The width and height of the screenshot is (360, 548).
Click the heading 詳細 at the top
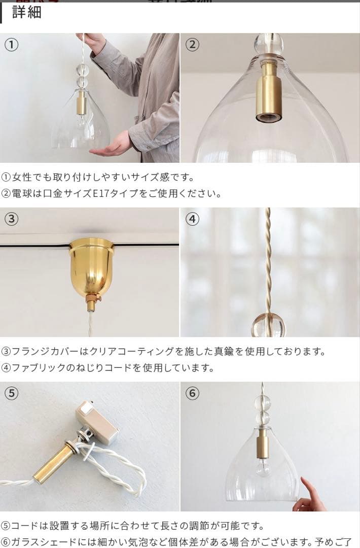pyautogui.click(x=26, y=12)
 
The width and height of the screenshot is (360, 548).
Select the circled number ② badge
pyautogui.click(x=192, y=45)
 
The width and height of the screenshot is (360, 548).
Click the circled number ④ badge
pyautogui.click(x=192, y=219)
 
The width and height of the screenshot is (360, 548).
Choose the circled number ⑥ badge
pyautogui.click(x=192, y=393)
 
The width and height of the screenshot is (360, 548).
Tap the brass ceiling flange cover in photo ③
pyautogui.click(x=92, y=266)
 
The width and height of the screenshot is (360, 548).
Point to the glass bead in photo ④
pyautogui.click(x=268, y=325)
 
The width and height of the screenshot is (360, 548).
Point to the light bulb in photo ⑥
pyautogui.click(x=262, y=467)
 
